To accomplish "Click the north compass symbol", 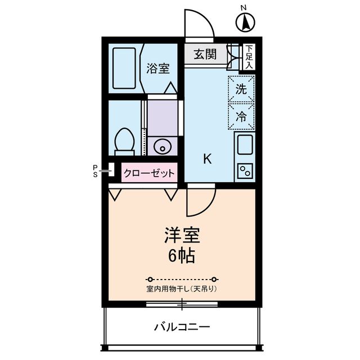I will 245,22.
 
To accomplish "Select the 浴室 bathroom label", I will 158,69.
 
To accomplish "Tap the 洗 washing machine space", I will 241,88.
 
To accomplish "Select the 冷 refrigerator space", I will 241,116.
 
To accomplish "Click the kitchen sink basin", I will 245,146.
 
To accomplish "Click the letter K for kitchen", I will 207,159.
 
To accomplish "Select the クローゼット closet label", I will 149,174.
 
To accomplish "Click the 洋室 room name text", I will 181,235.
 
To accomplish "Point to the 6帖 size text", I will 181,256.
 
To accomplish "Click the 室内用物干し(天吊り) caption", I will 182,289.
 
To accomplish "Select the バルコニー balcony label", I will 182,327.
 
